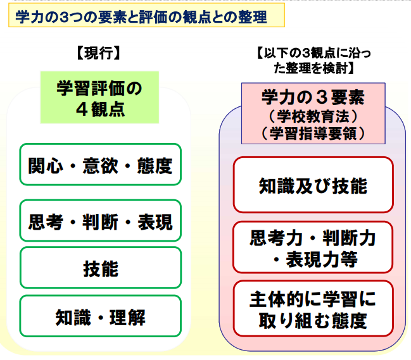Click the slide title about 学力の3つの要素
pyautogui.click(x=141, y=16)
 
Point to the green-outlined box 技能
pyautogui.click(x=101, y=269)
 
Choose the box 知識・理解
pyautogui.click(x=101, y=316)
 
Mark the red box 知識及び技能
pyautogui.click(x=313, y=185)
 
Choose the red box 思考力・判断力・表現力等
pyautogui.click(x=313, y=248)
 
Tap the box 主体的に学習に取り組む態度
pyautogui.click(x=313, y=309)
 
